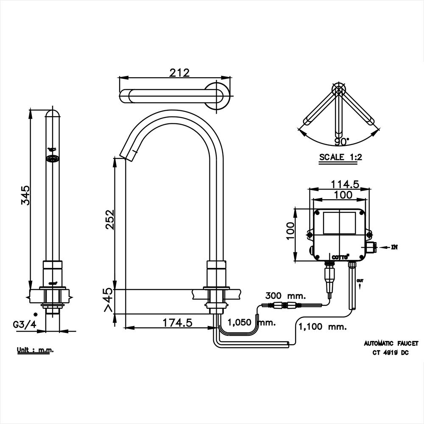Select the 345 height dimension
coord(26,195)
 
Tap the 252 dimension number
coord(110,219)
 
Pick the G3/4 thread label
coord(25,325)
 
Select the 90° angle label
coord(342,141)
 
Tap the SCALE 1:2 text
coord(340,157)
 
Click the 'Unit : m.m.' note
coord(35,350)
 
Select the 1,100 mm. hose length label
coord(323,327)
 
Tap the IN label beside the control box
coord(395,246)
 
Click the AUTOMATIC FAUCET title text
coord(391,343)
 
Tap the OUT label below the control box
coord(360,280)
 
